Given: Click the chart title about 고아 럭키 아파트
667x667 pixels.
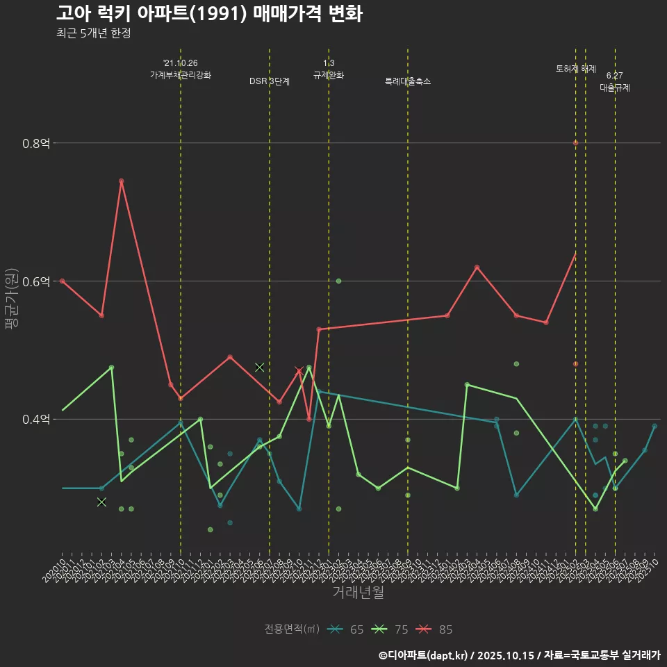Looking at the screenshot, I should [x=208, y=14].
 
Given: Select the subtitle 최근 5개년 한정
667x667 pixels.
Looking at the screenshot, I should [x=93, y=33].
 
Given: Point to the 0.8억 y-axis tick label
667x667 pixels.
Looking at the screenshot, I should [x=36, y=143].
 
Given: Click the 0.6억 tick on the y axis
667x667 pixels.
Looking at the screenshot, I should [x=36, y=281].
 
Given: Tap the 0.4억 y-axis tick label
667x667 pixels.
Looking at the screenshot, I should [x=36, y=420].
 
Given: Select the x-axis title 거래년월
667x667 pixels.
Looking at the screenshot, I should [x=358, y=592].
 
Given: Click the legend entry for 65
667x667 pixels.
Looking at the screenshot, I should [x=347, y=629].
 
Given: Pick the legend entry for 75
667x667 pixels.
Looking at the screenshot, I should [x=392, y=629].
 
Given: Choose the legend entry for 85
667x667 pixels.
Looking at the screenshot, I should [x=436, y=629].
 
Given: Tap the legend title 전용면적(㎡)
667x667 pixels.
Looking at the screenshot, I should [x=292, y=629].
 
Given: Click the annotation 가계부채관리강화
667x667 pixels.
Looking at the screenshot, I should [x=181, y=74].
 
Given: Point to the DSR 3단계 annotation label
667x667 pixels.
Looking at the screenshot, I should [x=270, y=81].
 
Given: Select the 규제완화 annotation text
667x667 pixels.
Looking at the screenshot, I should [x=329, y=75].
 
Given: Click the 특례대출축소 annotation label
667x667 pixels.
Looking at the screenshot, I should [x=408, y=81].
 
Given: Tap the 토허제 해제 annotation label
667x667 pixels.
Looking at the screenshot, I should [x=576, y=69].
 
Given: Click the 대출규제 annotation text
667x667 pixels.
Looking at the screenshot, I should [x=615, y=88].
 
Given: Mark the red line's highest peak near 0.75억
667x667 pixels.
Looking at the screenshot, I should [x=121, y=181].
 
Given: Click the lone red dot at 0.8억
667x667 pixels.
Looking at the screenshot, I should [x=575, y=143].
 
